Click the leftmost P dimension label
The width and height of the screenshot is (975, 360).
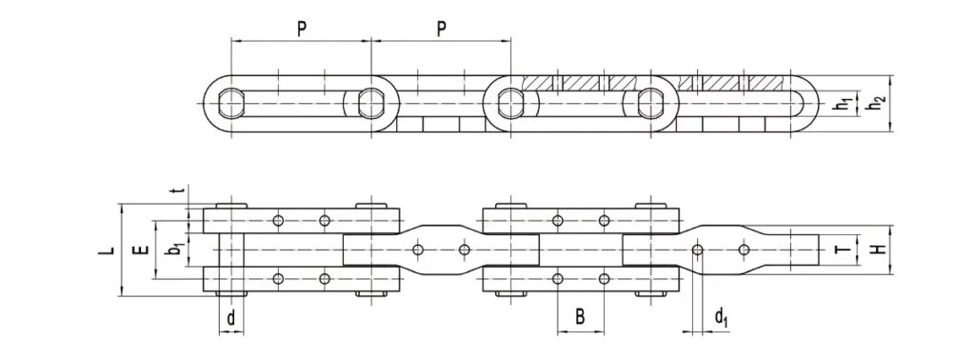(301, 29)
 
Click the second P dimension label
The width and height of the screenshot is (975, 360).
(442, 29)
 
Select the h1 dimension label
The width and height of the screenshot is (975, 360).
(843, 103)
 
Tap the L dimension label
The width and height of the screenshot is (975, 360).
(110, 251)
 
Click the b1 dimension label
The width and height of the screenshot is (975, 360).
(174, 251)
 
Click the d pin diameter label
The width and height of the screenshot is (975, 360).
(230, 319)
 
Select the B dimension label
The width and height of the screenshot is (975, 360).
(580, 318)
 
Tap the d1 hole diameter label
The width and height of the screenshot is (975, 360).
(723, 317)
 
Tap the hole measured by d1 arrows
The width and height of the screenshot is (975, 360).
(698, 250)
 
